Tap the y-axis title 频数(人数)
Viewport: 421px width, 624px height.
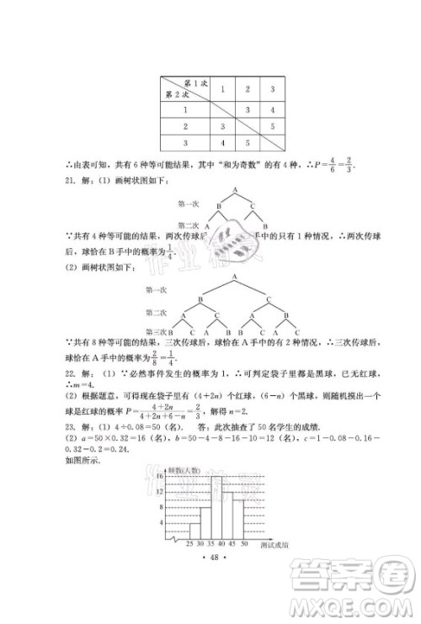click(183, 464)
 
